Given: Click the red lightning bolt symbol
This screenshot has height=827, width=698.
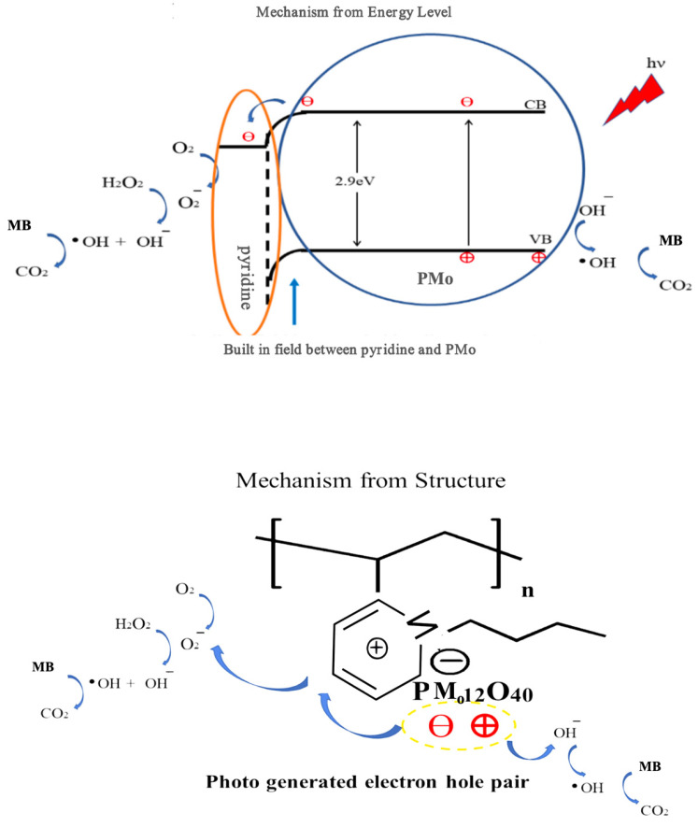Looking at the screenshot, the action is tap(634, 100).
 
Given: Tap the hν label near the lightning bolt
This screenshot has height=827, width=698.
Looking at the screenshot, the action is tap(656, 64).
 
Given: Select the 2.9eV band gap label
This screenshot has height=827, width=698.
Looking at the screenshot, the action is tap(354, 181).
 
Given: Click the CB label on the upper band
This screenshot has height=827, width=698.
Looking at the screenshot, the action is tap(534, 105).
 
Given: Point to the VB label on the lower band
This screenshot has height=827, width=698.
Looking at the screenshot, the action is tap(540, 239).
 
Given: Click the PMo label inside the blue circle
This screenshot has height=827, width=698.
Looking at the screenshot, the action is tap(434, 278).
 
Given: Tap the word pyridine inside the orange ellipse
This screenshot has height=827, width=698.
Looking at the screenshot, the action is tap(245, 277).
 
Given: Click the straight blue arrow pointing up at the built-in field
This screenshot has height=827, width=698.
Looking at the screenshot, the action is tap(294, 302).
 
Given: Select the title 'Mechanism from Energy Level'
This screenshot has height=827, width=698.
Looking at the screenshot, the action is tap(353, 12).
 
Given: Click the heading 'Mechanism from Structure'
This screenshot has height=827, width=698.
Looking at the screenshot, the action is tap(370, 480).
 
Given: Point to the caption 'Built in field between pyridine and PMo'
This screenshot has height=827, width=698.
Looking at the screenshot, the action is tap(349, 349).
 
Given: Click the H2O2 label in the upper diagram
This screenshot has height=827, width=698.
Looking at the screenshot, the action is tap(122, 182).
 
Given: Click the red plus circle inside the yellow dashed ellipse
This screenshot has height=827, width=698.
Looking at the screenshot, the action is tap(484, 725).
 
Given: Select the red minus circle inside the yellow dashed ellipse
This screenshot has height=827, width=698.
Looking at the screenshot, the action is tap(440, 726).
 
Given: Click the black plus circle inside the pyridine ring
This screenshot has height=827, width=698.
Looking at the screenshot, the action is tap(377, 648).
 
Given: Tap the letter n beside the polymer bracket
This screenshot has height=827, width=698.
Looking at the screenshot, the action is tap(528, 591).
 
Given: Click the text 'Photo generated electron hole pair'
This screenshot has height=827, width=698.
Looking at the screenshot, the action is tap(367, 781).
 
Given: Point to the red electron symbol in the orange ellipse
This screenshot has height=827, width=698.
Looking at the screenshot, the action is tap(248, 136).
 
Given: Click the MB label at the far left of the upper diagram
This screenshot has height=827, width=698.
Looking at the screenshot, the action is tap(20, 225).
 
